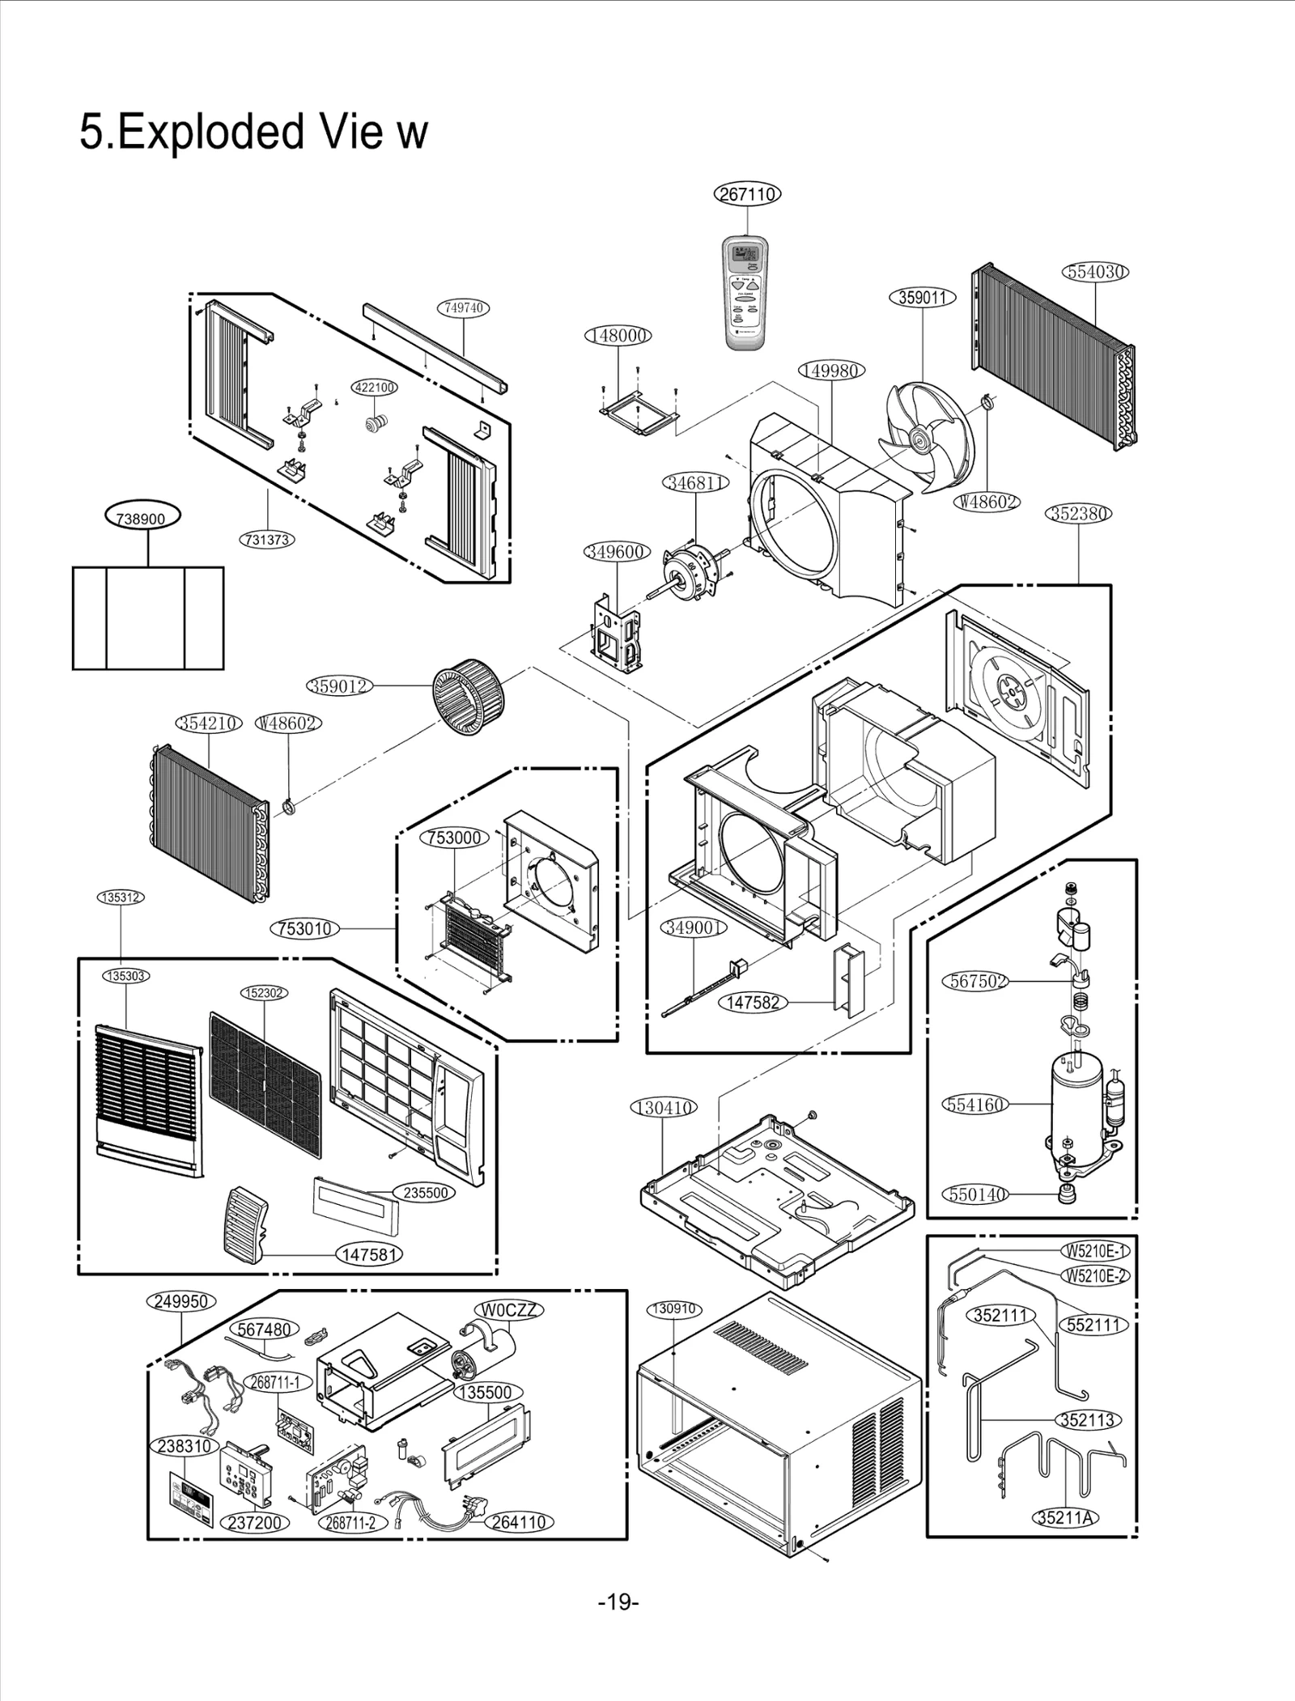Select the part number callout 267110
tap(748, 194)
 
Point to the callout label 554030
tap(1096, 272)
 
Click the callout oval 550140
tap(975, 1194)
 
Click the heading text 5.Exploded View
tap(253, 132)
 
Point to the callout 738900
tap(142, 518)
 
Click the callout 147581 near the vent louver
tap(369, 1254)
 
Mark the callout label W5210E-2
tap(1096, 1276)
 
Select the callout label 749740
tap(464, 308)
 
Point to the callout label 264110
tap(519, 1521)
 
